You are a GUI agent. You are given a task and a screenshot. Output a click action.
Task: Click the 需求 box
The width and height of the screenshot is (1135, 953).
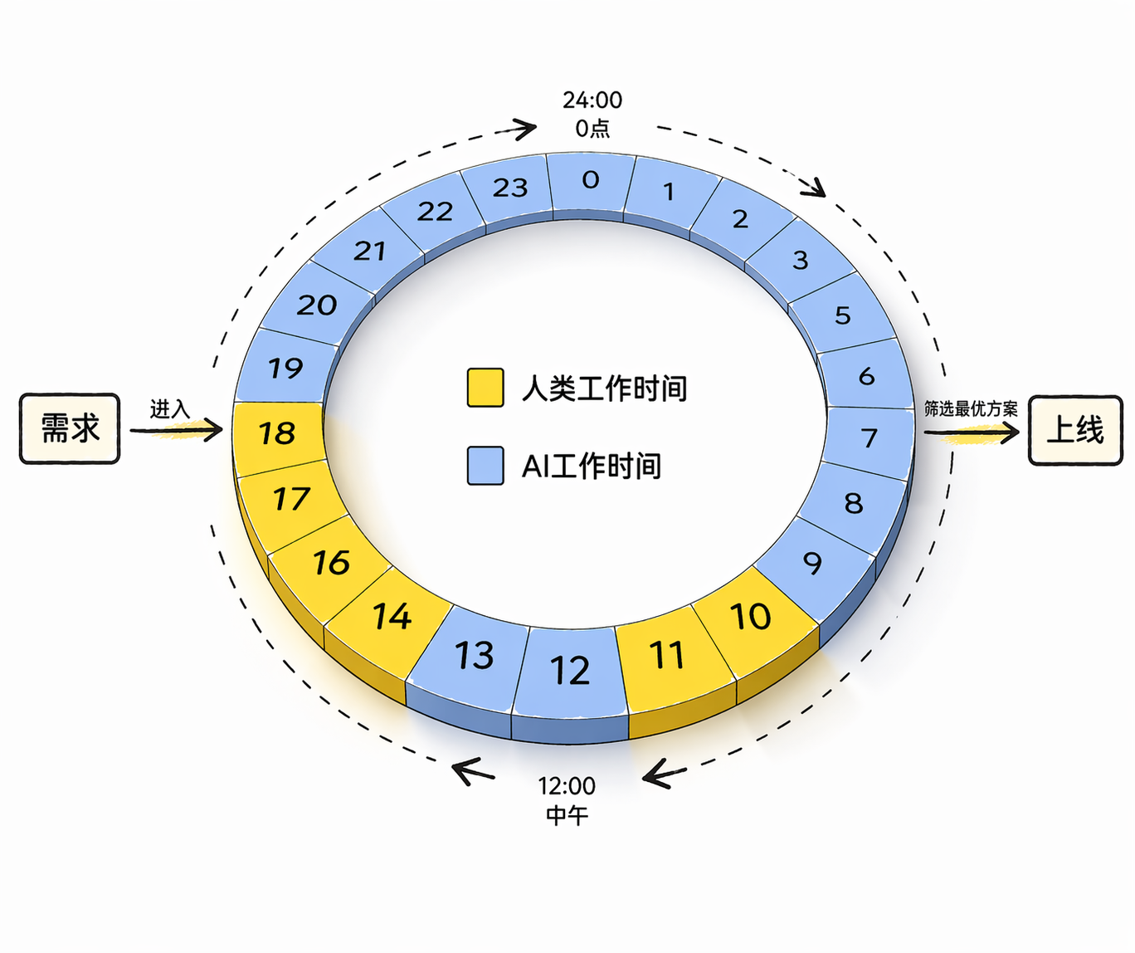pos(70,428)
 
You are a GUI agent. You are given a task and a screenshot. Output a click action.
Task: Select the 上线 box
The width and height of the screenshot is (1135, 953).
pos(1075,430)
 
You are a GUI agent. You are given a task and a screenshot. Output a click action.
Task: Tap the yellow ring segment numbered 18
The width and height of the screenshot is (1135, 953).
pos(278,433)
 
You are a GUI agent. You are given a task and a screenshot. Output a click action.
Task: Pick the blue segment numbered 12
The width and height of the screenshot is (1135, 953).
pos(571,672)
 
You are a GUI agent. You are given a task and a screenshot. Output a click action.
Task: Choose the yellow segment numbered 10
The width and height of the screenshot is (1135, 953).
pos(754,620)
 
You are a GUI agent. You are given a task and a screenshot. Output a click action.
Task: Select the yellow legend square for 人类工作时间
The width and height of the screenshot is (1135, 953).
pos(485,388)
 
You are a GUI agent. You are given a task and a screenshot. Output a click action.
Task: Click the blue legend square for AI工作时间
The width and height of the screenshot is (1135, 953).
pos(485,466)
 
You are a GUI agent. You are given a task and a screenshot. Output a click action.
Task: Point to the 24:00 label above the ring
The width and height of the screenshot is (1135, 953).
pos(592,100)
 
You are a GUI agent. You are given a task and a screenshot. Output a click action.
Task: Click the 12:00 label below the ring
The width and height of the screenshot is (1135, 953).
pos(567,786)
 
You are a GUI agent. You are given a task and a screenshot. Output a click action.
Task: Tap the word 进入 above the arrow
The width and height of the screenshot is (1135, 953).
pos(169,409)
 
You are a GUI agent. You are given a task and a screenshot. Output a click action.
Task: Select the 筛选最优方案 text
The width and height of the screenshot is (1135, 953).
pos(971,408)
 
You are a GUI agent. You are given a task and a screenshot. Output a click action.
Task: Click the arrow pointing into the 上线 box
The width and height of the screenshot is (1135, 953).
pos(972,433)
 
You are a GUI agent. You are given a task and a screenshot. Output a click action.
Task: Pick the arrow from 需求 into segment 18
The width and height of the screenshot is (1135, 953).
pos(176,430)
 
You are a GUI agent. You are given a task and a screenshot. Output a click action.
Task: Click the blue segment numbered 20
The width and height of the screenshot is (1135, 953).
pos(316,305)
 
